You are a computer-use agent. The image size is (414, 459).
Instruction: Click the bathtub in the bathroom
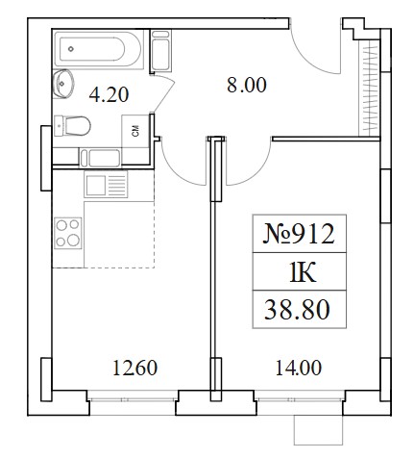tap(98, 49)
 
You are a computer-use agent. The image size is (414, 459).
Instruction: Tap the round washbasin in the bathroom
tap(63, 84)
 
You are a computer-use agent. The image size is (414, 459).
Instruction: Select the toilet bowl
tap(72, 126)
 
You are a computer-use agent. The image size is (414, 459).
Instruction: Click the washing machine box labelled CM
tap(135, 131)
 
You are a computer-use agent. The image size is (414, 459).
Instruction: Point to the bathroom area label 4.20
tap(109, 95)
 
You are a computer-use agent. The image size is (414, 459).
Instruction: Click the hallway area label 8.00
tap(247, 86)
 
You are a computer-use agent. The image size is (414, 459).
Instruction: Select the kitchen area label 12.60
tap(135, 368)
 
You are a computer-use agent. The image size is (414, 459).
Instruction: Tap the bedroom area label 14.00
tap(299, 368)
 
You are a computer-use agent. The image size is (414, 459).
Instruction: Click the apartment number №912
tap(299, 234)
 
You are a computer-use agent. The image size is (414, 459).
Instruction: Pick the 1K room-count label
tap(303, 272)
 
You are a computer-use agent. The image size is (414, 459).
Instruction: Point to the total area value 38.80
tap(297, 310)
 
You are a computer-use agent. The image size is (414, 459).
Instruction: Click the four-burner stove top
tap(68, 233)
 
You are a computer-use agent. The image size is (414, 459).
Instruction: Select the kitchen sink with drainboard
tap(106, 184)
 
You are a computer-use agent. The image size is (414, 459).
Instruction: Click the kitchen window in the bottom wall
tap(133, 399)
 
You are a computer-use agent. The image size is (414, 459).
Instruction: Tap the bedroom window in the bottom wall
tap(300, 399)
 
